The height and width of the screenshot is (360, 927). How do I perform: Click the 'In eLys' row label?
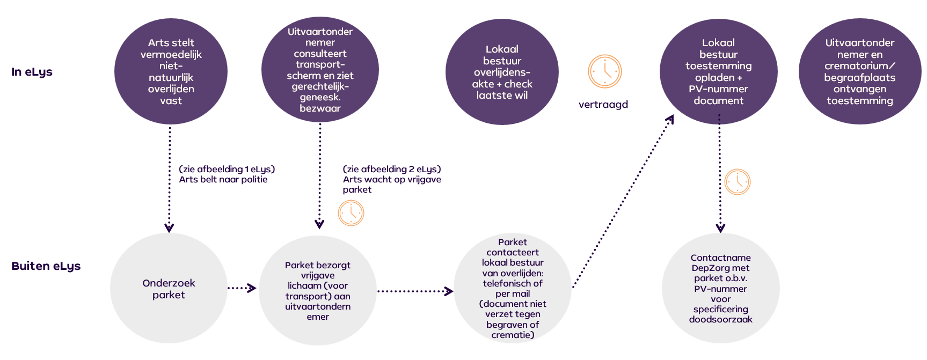[32, 72]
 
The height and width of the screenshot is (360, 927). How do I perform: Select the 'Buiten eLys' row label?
[46, 266]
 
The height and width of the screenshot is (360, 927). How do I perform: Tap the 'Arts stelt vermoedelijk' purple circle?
[171, 71]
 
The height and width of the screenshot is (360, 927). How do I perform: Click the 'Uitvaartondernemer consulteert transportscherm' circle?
[320, 70]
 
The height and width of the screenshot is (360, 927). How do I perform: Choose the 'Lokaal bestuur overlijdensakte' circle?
[502, 72]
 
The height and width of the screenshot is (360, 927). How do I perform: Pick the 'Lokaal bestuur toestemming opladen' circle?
[718, 71]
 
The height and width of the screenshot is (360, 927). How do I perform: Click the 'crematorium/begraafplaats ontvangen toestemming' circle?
[859, 71]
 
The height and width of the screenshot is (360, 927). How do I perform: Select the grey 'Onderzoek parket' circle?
[169, 289]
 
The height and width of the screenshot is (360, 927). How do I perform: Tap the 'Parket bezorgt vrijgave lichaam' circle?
[318, 290]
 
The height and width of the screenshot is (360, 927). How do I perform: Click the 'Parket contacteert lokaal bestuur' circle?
[512, 288]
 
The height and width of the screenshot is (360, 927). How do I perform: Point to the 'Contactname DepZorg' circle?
[720, 289]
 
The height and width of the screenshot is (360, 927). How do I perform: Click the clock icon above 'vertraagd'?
[604, 71]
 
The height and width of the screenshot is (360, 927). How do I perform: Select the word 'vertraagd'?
[603, 105]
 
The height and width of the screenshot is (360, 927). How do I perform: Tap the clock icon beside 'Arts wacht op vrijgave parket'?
[351, 213]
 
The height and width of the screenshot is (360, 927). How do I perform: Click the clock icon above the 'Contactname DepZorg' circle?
[737, 182]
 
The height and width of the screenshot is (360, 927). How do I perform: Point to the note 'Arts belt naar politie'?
[223, 180]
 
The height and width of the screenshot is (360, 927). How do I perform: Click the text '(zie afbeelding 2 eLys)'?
[392, 169]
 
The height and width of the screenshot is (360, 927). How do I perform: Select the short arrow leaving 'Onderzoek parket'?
[241, 288]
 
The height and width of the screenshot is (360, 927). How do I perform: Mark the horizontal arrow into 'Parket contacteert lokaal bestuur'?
[414, 291]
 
